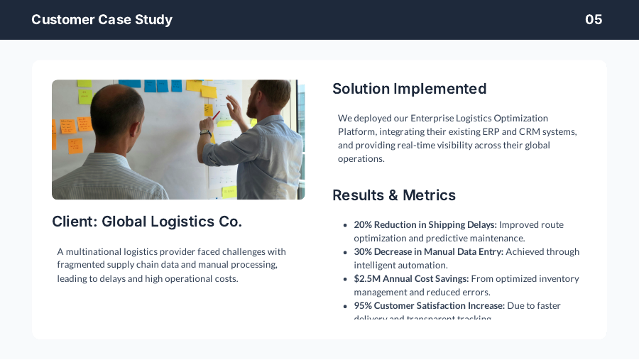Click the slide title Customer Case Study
pos(102,20)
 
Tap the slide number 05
pos(594,20)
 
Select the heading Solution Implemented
pos(409,89)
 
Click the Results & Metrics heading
pos(393,195)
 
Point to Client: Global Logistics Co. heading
pos(147,222)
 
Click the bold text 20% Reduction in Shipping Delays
pos(425,225)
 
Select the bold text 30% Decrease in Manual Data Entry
pos(428,252)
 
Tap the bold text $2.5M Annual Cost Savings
pos(411,279)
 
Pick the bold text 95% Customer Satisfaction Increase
pos(429,306)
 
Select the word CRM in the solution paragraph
pos(550,132)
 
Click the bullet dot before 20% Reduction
pos(345,225)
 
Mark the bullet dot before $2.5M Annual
pos(345,279)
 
